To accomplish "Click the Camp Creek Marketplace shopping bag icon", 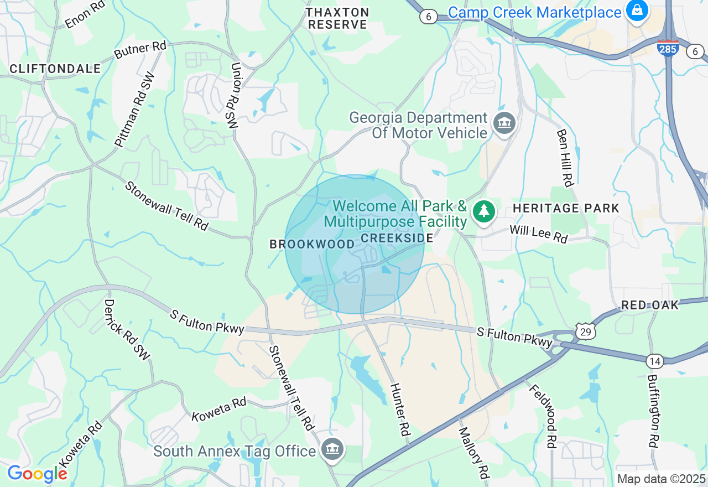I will click(637, 11).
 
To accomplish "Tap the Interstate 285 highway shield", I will click(668, 48).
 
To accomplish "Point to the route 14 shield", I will click(654, 361).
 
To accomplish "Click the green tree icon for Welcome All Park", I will click(484, 211).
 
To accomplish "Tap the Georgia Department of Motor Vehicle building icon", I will click(503, 123).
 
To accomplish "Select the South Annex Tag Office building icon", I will click(332, 449).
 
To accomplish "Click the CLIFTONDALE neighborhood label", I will click(55, 69).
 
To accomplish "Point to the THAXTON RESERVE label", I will click(338, 18).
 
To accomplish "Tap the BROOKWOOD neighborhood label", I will click(312, 244).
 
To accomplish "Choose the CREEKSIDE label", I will click(397, 238).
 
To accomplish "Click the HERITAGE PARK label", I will click(566, 209).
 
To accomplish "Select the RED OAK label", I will click(650, 305).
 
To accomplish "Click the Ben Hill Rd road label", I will click(565, 158).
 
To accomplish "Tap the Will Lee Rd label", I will click(538, 234).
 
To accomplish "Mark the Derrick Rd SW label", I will click(127, 330).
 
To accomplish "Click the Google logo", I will click(37, 474).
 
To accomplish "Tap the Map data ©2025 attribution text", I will click(661, 479).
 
